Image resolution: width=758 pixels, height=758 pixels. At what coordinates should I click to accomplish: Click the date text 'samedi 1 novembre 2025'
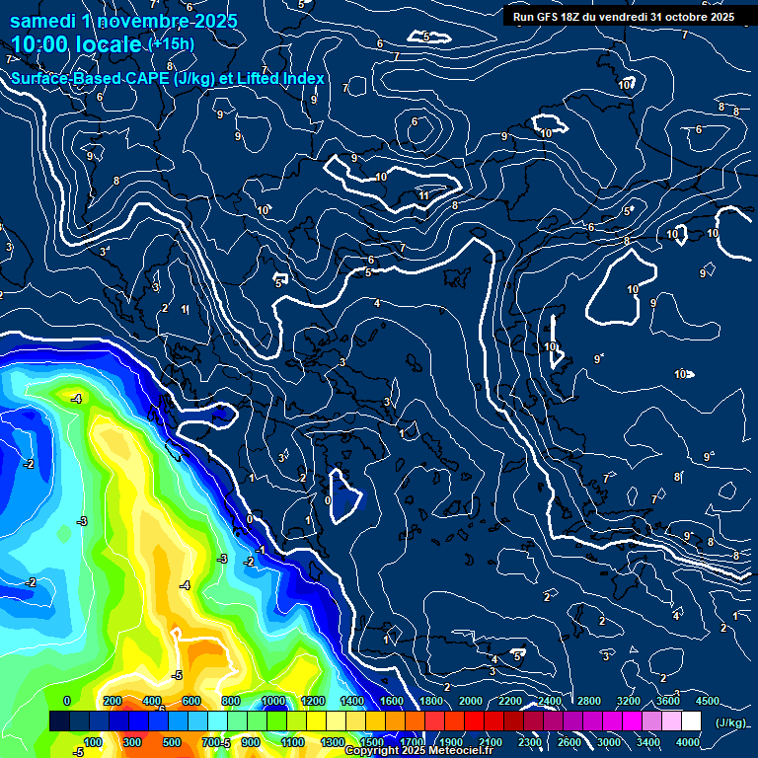(x=123, y=21)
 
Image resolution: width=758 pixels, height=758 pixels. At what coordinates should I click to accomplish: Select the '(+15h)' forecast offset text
(x=171, y=44)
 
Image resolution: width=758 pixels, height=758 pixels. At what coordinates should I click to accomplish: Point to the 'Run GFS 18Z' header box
(x=623, y=17)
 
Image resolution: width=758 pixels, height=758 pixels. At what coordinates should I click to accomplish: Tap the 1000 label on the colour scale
(x=274, y=701)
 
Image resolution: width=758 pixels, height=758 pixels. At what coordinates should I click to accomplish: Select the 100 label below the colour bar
(x=93, y=742)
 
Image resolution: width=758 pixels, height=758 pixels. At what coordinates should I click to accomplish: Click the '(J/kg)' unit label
(x=730, y=721)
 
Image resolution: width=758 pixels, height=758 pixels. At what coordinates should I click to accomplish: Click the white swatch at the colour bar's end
(x=691, y=721)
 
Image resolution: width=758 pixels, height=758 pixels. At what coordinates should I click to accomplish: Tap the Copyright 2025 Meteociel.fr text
(x=418, y=751)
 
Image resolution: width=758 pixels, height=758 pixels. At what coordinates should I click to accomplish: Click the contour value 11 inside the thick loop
(x=423, y=196)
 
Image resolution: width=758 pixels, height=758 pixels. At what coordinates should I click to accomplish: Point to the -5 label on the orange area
(x=177, y=675)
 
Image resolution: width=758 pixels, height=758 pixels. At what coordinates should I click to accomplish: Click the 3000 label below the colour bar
(x=609, y=742)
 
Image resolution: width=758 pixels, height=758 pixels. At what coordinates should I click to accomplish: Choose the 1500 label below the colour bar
(x=372, y=742)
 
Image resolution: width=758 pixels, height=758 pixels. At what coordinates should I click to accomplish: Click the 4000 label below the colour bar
(x=688, y=742)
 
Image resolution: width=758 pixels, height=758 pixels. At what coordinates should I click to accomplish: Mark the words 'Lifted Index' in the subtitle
(x=281, y=79)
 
